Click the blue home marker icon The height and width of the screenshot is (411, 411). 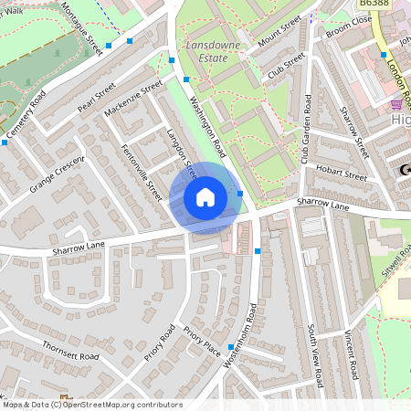tap(205, 196)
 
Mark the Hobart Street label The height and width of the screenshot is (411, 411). tap(341, 171)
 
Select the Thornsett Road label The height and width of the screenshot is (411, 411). tap(69, 353)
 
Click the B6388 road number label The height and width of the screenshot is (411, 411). tap(372, 5)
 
